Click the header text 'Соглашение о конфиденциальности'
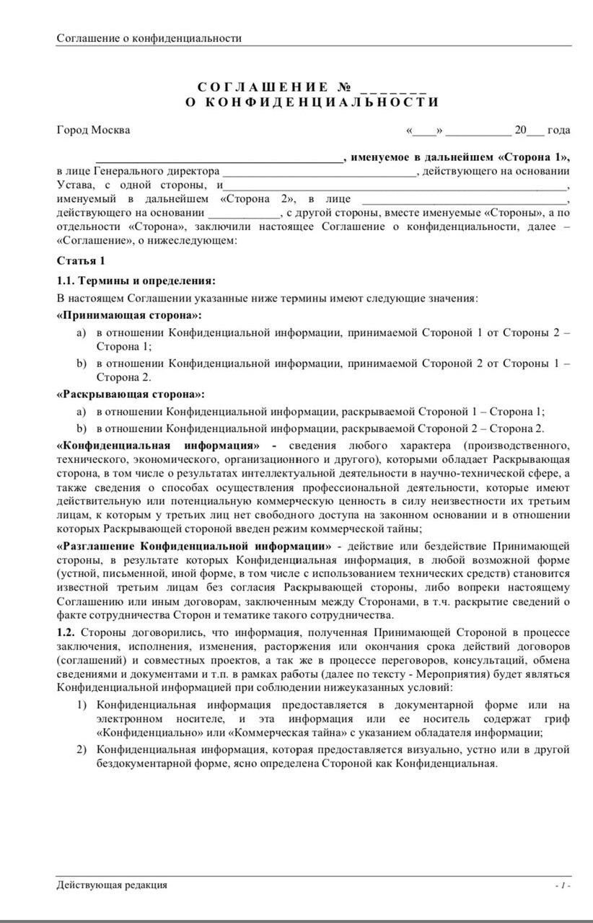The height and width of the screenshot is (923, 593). pyautogui.click(x=149, y=38)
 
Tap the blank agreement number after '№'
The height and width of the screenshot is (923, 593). pyautogui.click(x=394, y=89)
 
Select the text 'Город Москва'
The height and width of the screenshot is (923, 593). pyautogui.click(x=94, y=131)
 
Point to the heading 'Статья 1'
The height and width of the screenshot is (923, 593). pyautogui.click(x=81, y=260)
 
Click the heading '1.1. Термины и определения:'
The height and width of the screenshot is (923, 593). pyautogui.click(x=136, y=280)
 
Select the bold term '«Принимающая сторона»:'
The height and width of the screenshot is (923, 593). pyautogui.click(x=129, y=315)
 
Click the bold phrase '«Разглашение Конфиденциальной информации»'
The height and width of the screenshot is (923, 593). pyautogui.click(x=194, y=545)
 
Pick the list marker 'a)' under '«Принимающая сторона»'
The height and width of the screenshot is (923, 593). pyautogui.click(x=82, y=333)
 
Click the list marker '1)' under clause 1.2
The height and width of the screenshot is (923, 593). pyautogui.click(x=82, y=705)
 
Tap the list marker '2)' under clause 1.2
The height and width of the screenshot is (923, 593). pyautogui.click(x=82, y=750)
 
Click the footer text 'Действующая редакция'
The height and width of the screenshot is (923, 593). pyautogui.click(x=112, y=884)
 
